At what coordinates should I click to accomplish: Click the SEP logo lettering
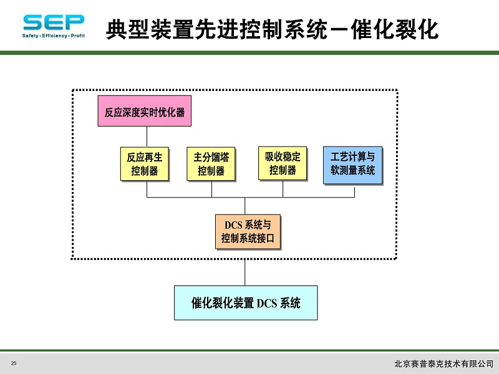tap(54, 22)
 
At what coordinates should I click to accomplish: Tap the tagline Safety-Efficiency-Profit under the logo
tap(54, 36)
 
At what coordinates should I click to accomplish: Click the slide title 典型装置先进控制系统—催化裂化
tap(272, 29)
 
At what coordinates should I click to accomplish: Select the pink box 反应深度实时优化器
tap(145, 111)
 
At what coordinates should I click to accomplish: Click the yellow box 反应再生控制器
tap(145, 164)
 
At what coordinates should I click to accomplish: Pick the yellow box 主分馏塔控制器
tap(211, 164)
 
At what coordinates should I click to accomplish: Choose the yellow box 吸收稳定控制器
tap(283, 164)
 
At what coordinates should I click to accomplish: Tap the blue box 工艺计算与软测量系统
tap(353, 165)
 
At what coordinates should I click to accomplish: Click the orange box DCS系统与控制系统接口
tap(248, 232)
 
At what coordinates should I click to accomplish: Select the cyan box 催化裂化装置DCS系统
tap(246, 303)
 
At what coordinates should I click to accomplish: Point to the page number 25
tap(14, 363)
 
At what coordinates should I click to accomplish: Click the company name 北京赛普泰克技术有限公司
tap(443, 363)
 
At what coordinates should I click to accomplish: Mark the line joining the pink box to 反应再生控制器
tap(147, 137)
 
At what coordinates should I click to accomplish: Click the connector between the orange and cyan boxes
tap(245, 267)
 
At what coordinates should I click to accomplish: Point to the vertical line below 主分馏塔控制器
tap(211, 189)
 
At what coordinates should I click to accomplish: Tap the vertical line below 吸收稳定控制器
tap(283, 189)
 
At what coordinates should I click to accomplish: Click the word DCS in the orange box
tap(234, 225)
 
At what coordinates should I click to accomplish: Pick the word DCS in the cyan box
tap(267, 303)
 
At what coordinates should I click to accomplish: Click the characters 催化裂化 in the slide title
tap(395, 29)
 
